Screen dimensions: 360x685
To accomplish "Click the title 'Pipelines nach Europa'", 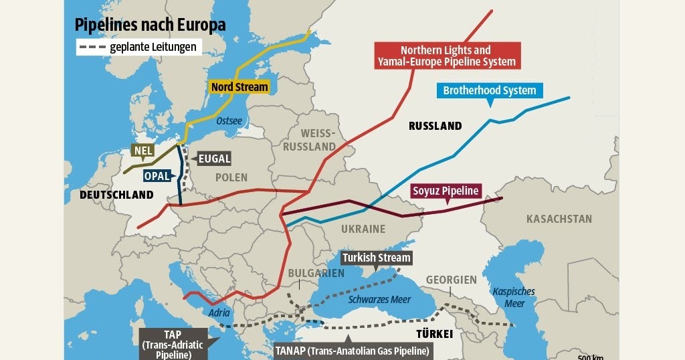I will [149, 25].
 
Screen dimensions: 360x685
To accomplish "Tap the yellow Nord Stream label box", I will [239, 87].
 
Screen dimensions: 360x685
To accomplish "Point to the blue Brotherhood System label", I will [489, 90].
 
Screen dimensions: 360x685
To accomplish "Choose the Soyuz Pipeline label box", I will [446, 191].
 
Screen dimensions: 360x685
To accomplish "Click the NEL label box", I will [143, 151].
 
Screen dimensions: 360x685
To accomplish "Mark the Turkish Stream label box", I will [376, 258].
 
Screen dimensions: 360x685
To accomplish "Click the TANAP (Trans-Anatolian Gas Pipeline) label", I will [352, 350].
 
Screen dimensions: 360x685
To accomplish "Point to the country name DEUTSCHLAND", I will [116, 195].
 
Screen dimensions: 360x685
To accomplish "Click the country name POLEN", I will [231, 177].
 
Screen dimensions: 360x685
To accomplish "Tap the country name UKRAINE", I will [363, 229].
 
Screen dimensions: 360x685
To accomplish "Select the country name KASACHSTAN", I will [559, 219].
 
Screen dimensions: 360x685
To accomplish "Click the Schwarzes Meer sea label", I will [379, 299].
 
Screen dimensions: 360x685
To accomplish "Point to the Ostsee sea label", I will [229, 121].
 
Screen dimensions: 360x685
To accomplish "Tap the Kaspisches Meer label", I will [514, 298].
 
